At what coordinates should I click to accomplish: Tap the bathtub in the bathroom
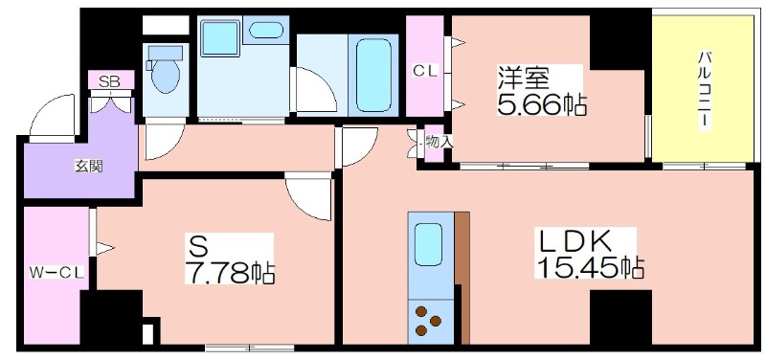coord(373,76)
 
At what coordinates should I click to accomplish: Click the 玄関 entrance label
coord(88,167)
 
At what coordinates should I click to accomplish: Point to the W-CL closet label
coord(56,273)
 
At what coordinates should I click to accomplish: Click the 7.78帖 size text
coord(230,274)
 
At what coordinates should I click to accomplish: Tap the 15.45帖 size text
coord(591,267)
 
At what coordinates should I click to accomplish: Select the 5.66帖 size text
coord(542,104)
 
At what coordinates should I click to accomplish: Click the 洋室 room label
coord(524,78)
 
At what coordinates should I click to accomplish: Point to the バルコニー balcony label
coord(704,89)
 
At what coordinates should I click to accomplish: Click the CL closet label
coord(425,71)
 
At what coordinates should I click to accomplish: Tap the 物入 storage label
coord(439,142)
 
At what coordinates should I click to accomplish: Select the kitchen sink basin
coord(428,244)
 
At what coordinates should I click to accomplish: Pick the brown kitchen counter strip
coord(462,278)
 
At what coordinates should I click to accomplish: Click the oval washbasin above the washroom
coord(265,31)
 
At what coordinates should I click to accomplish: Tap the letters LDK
coord(572,240)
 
